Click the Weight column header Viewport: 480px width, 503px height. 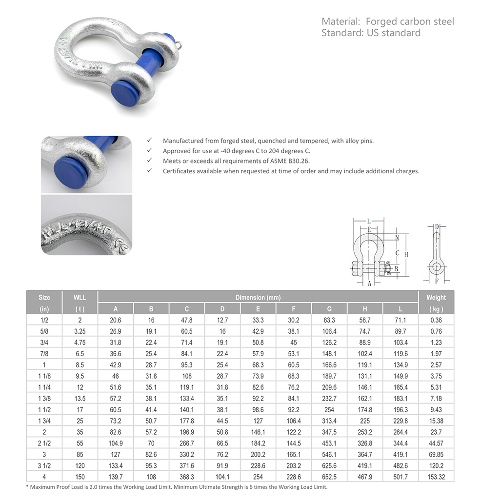click(x=436, y=297)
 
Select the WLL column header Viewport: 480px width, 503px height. click(x=80, y=297)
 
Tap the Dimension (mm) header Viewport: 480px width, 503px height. click(x=258, y=297)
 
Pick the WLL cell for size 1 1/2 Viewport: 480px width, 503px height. click(x=80, y=410)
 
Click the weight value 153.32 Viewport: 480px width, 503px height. click(x=436, y=477)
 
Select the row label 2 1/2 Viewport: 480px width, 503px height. click(x=44, y=443)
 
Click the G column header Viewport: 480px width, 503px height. click(x=329, y=309)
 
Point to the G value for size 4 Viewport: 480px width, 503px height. click(x=329, y=477)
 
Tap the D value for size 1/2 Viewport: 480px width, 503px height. click(x=222, y=320)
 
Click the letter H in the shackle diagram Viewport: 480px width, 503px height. click(x=406, y=255)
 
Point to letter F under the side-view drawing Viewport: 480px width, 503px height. click(x=437, y=281)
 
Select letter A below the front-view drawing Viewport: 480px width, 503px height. click(x=369, y=283)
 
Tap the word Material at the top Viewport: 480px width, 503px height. click(x=340, y=21)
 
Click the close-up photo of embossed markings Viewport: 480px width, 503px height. click(x=86, y=225)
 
